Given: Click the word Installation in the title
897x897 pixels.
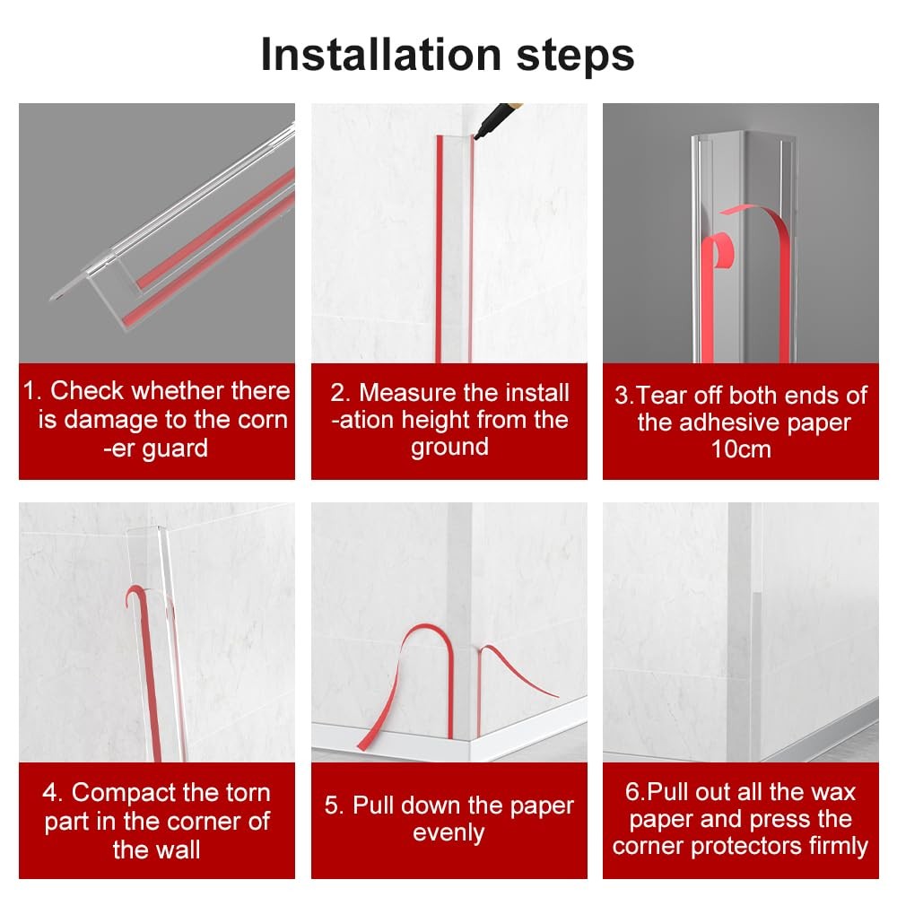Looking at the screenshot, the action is [381, 55].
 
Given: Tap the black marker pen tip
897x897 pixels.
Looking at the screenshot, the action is [476, 136].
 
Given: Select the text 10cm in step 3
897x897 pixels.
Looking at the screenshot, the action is [741, 449].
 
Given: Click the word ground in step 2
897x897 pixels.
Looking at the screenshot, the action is [449, 448].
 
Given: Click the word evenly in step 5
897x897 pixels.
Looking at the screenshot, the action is [448, 833].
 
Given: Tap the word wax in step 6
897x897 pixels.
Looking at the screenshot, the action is [833, 793].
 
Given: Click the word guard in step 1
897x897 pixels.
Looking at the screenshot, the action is [175, 449].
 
